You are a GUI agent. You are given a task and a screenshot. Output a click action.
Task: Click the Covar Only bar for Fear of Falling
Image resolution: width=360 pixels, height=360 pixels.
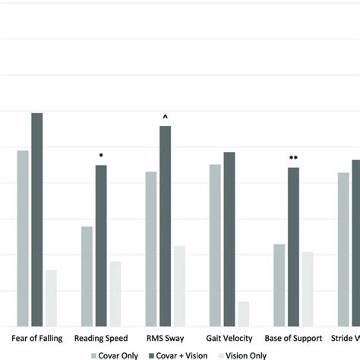[x=23, y=238]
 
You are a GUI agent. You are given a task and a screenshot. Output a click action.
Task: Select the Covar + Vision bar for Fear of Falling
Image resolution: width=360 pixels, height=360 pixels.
[x=36, y=219]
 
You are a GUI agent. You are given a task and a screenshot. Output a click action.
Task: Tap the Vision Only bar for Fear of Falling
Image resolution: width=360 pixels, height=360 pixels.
[x=51, y=298]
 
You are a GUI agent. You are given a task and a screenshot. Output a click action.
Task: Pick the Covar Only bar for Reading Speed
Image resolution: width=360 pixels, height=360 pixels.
[x=87, y=276]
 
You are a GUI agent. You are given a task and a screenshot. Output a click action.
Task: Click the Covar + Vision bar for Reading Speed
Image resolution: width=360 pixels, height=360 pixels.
[x=101, y=245]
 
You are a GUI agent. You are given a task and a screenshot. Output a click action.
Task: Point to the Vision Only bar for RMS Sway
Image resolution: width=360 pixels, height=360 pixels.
[x=179, y=286]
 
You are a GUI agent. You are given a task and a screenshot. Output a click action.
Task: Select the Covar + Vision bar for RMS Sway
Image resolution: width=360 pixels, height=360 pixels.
[x=165, y=226]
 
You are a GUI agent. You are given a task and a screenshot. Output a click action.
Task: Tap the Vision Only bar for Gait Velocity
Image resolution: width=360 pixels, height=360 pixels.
[x=243, y=314]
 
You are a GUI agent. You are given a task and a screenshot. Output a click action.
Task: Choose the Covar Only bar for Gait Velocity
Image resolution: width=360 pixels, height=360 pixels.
[x=215, y=245]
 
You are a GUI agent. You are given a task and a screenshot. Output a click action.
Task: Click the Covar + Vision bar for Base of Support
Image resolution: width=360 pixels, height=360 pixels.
[x=293, y=247]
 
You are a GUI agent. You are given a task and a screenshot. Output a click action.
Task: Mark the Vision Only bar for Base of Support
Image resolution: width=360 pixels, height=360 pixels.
[x=308, y=289]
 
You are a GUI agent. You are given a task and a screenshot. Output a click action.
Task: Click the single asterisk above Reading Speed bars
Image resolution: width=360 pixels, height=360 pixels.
[x=101, y=156]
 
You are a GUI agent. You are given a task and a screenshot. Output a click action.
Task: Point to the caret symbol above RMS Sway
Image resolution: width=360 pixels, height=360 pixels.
[x=165, y=117]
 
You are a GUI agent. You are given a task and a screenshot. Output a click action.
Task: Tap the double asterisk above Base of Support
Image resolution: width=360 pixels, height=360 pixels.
[x=293, y=158]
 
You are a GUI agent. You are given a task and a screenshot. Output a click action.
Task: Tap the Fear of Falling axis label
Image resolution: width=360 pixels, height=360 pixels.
[x=36, y=338]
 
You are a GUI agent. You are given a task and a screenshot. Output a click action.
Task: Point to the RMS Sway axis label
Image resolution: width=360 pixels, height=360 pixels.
[x=165, y=338]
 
